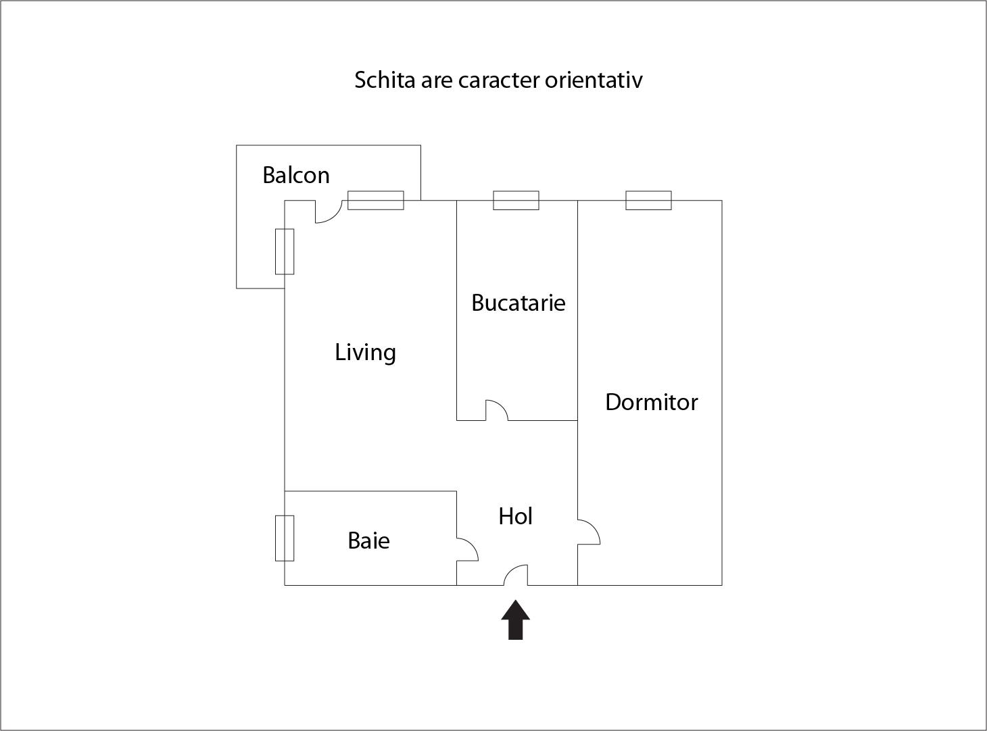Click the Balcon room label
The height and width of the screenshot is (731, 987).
(x=296, y=175)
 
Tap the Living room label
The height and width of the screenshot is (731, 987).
(x=365, y=352)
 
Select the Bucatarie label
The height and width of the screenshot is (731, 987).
(x=518, y=302)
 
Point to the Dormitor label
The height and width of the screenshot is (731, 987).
(x=651, y=402)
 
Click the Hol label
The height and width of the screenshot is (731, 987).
(x=516, y=516)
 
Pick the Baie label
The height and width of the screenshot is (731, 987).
(x=368, y=540)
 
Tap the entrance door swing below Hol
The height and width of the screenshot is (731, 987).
(x=516, y=575)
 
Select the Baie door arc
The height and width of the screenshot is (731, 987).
(x=468, y=549)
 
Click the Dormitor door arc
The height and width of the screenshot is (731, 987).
(x=589, y=532)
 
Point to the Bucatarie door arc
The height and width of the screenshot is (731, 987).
(x=497, y=410)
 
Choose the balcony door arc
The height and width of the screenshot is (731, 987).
(x=327, y=212)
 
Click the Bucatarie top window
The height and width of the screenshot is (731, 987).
(x=516, y=201)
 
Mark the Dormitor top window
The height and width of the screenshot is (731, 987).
(x=648, y=201)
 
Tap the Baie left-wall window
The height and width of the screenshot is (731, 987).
(x=285, y=538)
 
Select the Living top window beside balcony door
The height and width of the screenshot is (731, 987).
(x=376, y=201)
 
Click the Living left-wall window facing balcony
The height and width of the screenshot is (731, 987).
(x=285, y=251)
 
